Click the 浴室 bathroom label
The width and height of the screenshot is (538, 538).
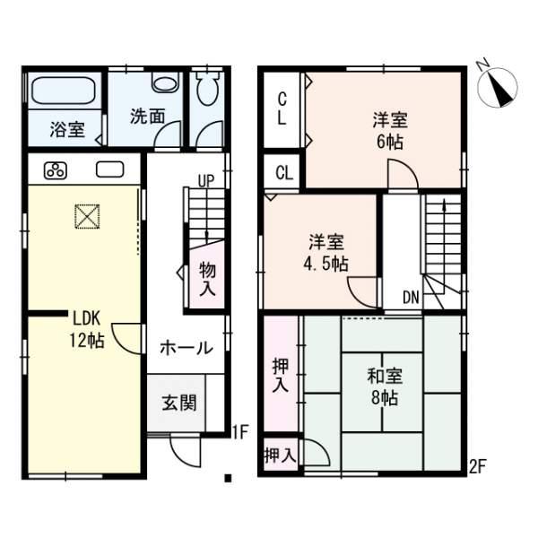(67, 130)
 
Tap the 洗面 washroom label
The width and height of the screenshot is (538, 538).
(147, 116)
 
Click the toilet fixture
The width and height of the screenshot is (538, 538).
(206, 90)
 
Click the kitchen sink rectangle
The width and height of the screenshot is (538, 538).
(110, 169)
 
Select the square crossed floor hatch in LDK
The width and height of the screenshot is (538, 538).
(87, 216)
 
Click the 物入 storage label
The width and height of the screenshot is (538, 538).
(207, 278)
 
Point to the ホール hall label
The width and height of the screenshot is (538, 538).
(186, 348)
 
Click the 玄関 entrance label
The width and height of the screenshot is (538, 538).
(180, 403)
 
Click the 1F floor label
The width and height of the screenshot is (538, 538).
(239, 433)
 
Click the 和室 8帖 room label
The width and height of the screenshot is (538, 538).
(383, 387)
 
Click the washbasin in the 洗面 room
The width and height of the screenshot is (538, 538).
(164, 82)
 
